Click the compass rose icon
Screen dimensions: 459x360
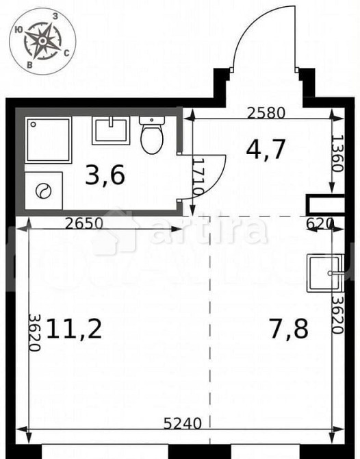(42, 41)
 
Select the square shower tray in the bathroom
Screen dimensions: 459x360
(49, 140)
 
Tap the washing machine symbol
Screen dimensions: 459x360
(44, 190)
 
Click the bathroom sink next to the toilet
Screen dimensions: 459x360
(111, 129)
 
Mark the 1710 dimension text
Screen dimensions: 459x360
(196, 177)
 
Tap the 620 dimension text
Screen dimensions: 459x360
(319, 223)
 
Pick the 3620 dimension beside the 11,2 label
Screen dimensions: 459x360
(34, 332)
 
